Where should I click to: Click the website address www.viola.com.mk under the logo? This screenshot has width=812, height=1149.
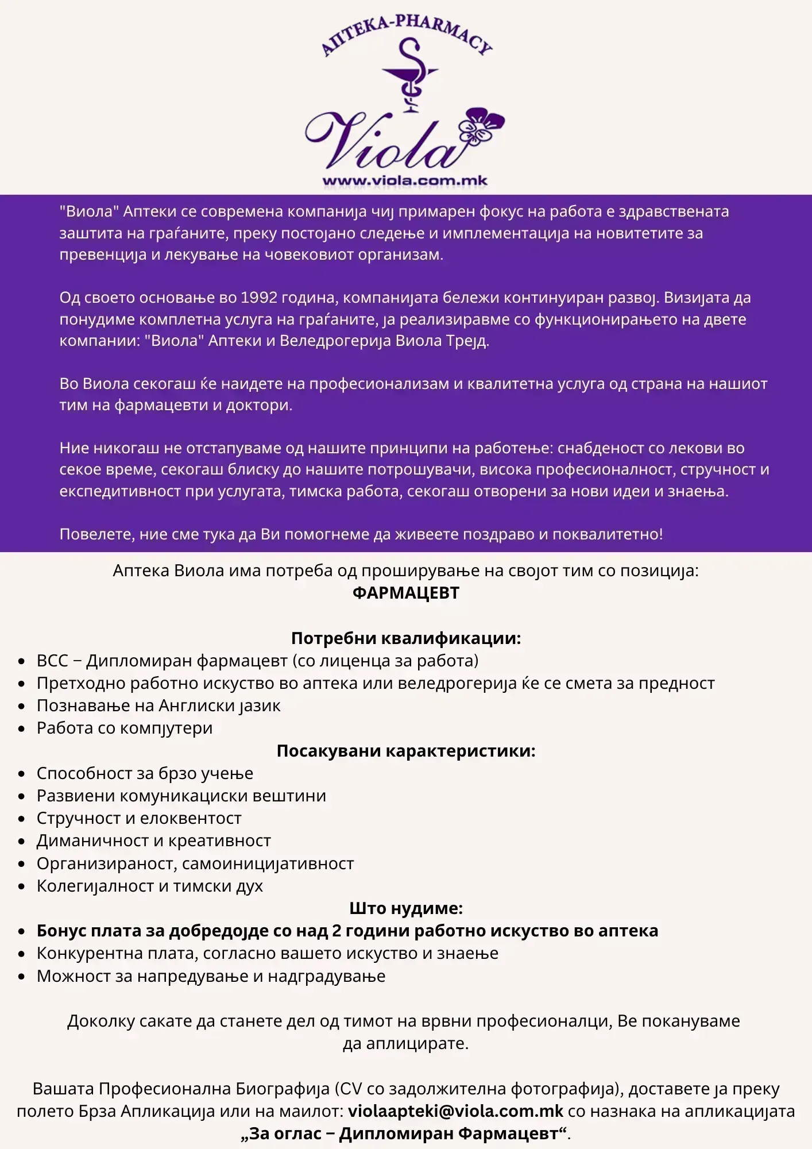405,181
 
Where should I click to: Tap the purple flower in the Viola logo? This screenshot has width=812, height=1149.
482,126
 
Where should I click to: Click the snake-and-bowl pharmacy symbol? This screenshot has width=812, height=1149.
409,75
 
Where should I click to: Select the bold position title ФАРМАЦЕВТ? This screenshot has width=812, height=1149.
406,593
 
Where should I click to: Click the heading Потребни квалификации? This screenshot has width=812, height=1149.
406,638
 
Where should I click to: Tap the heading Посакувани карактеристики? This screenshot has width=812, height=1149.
406,751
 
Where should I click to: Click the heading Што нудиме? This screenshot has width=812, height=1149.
406,908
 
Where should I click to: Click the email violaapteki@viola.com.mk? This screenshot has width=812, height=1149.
455,1111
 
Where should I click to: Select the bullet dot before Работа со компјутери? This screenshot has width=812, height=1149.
22,729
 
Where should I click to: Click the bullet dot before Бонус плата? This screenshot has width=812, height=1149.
22,931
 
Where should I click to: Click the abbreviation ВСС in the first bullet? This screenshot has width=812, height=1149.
52,661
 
